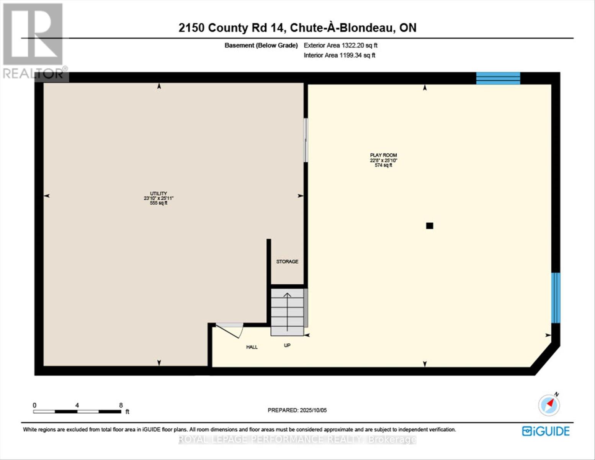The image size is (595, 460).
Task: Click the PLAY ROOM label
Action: tap(383, 155)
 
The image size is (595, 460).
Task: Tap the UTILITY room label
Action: tap(159, 194)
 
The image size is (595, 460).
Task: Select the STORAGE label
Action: tap(287, 261)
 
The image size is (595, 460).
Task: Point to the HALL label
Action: tap(252, 347)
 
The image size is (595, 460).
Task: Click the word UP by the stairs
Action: tap(287, 345)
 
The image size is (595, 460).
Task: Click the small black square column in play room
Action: tap(430, 226)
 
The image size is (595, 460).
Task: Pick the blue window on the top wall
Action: tap(498, 78)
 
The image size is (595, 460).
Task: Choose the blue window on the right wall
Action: tap(556, 298)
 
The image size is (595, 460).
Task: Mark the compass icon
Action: tap(549, 405)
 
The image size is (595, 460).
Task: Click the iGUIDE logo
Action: tap(546, 431)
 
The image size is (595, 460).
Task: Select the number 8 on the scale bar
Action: tap(121, 405)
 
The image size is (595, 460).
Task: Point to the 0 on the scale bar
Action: tap(34, 405)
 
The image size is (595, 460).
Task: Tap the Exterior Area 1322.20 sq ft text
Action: tap(340, 45)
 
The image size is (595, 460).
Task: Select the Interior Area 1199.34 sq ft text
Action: tap(339, 55)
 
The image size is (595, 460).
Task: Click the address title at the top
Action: tap(297, 28)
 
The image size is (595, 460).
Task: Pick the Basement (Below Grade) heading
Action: tap(261, 45)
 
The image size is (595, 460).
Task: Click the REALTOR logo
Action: tap(34, 40)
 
